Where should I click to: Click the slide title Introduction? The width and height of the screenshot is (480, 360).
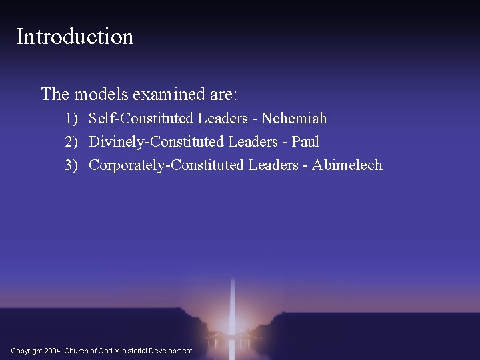75,36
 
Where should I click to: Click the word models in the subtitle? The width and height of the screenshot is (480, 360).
97,94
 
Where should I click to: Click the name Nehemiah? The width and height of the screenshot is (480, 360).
294,119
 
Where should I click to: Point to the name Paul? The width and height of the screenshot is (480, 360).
305,142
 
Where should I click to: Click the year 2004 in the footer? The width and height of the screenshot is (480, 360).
54,351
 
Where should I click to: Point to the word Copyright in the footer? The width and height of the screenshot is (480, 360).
27,351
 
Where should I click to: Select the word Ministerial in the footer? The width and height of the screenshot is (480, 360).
135,351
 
